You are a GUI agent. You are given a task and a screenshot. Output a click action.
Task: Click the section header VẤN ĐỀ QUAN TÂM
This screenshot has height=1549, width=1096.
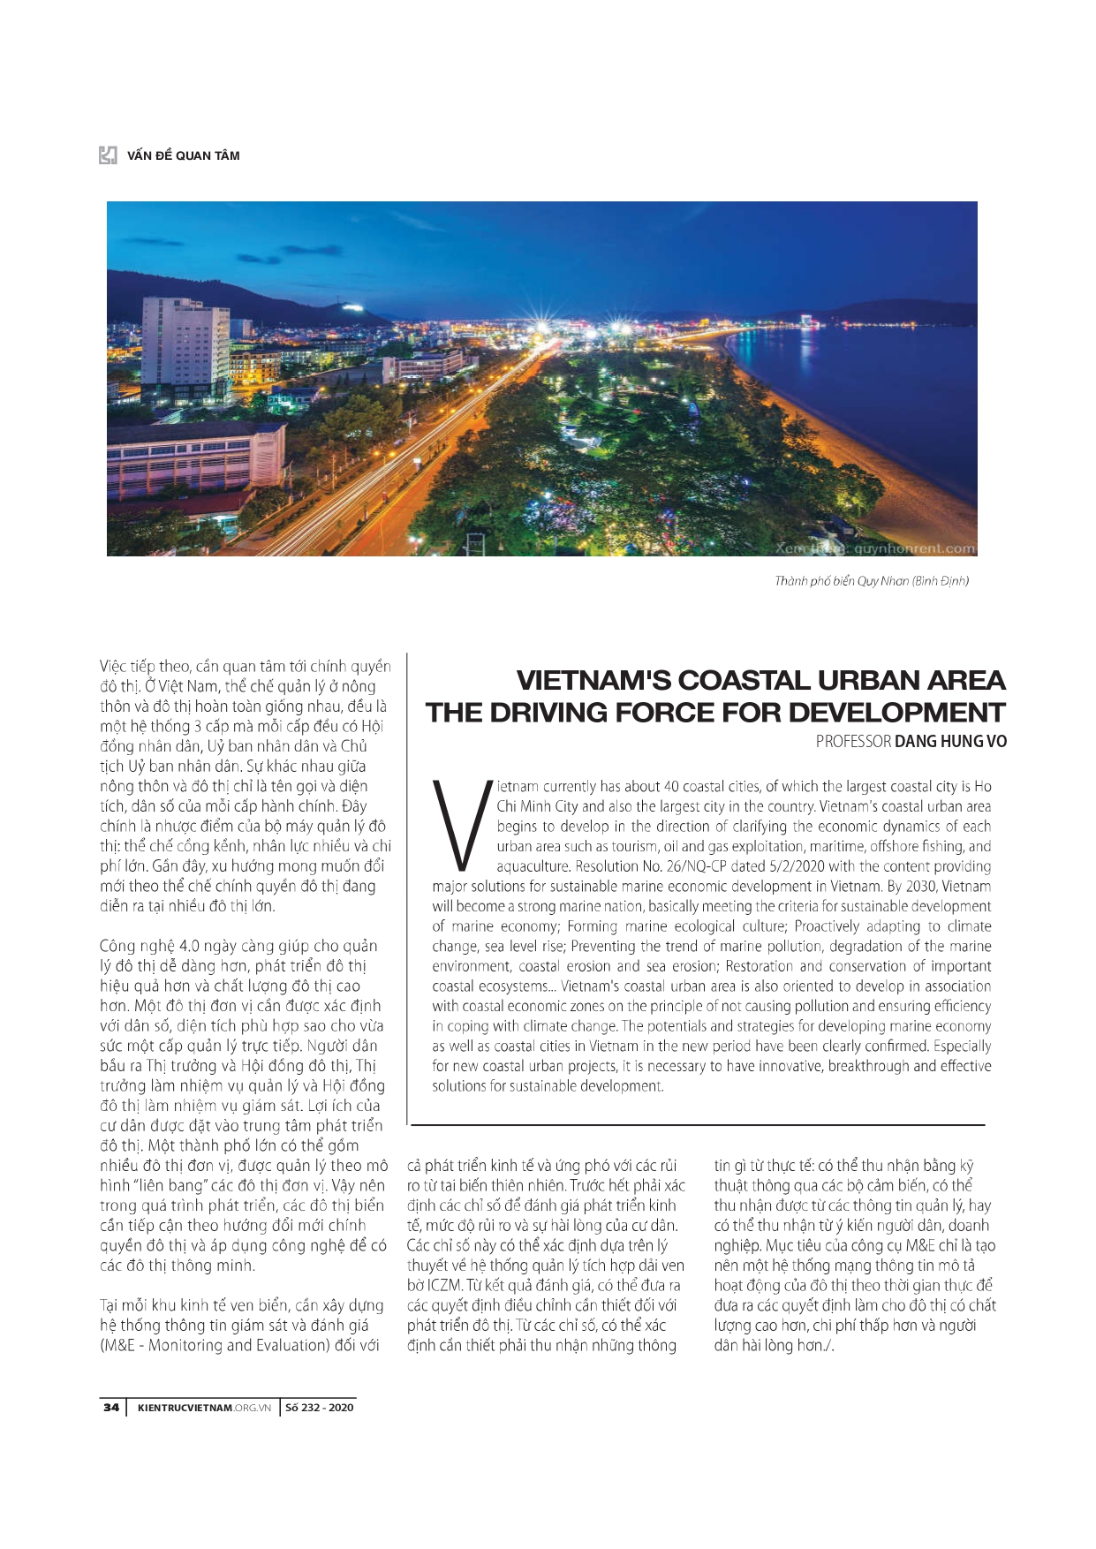coord(183,155)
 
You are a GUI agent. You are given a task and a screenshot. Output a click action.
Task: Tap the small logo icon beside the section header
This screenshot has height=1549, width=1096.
coord(108,155)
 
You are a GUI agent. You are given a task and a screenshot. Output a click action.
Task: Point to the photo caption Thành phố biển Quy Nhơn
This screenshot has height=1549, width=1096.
coord(871,581)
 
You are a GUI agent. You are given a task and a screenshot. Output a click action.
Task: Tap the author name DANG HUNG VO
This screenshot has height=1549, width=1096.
coord(950,742)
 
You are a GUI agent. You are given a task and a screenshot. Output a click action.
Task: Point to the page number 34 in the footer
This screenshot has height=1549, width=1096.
coord(111,1408)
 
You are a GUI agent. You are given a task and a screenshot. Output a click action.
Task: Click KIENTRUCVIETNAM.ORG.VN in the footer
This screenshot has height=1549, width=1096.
coord(204,1408)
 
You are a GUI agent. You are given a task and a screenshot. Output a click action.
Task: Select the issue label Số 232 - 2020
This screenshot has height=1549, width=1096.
coord(319,1408)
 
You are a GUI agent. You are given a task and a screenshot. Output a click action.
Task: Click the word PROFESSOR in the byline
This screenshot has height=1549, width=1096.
coord(853,742)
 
